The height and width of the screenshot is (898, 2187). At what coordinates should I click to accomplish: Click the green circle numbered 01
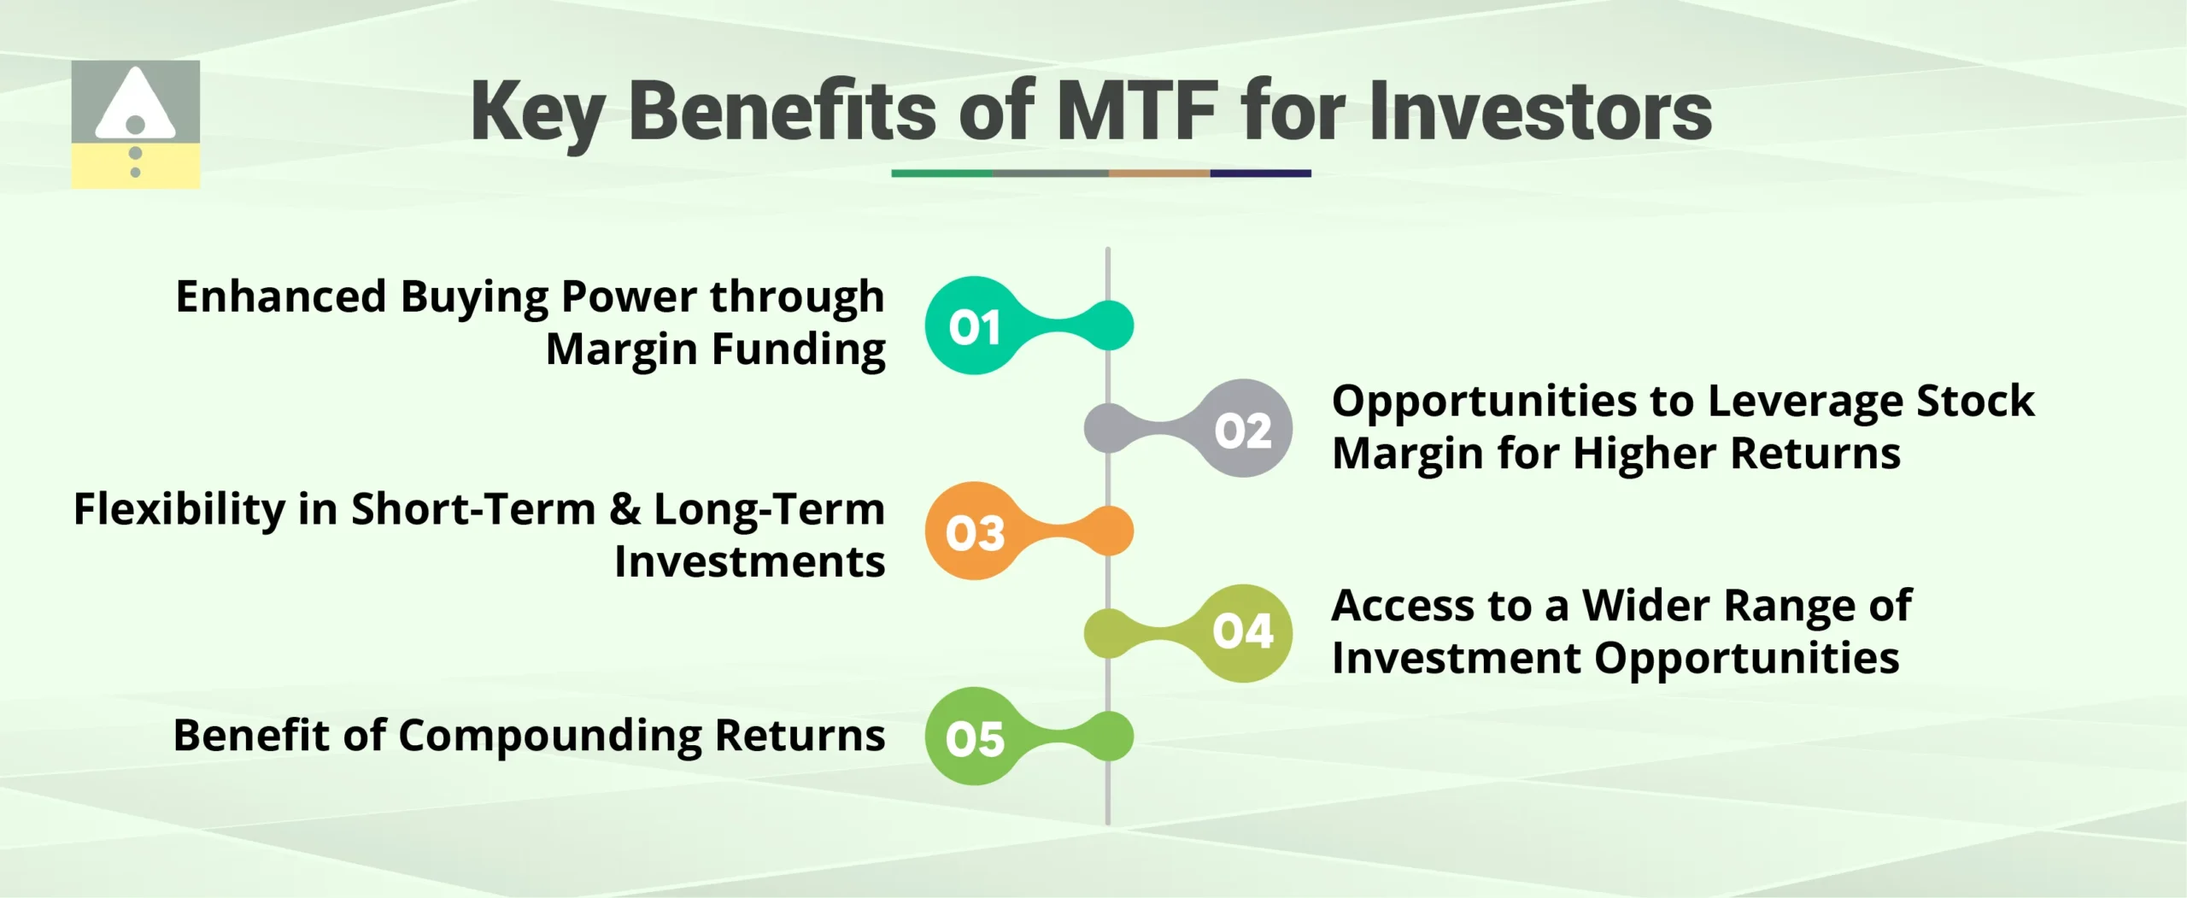974,326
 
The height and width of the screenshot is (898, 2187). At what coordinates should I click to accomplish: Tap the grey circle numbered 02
1243,429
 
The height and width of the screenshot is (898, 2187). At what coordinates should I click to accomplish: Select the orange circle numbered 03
974,531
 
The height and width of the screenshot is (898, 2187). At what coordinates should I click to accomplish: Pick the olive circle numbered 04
1243,633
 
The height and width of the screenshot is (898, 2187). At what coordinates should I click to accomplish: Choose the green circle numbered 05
974,737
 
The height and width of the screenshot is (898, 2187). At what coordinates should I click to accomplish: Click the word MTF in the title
1137,111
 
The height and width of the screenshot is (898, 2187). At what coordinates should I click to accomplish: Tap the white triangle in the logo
134,105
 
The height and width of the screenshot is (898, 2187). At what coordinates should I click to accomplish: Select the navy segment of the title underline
1260,173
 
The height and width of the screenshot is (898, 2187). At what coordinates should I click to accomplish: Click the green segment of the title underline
941,173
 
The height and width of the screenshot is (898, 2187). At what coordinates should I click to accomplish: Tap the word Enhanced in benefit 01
281,297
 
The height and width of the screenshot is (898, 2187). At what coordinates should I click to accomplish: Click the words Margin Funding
715,349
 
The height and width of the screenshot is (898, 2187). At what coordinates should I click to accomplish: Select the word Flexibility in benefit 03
179,509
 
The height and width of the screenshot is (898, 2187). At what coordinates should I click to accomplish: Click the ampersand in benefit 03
625,509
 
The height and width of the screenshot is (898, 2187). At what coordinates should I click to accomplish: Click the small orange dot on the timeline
1109,531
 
